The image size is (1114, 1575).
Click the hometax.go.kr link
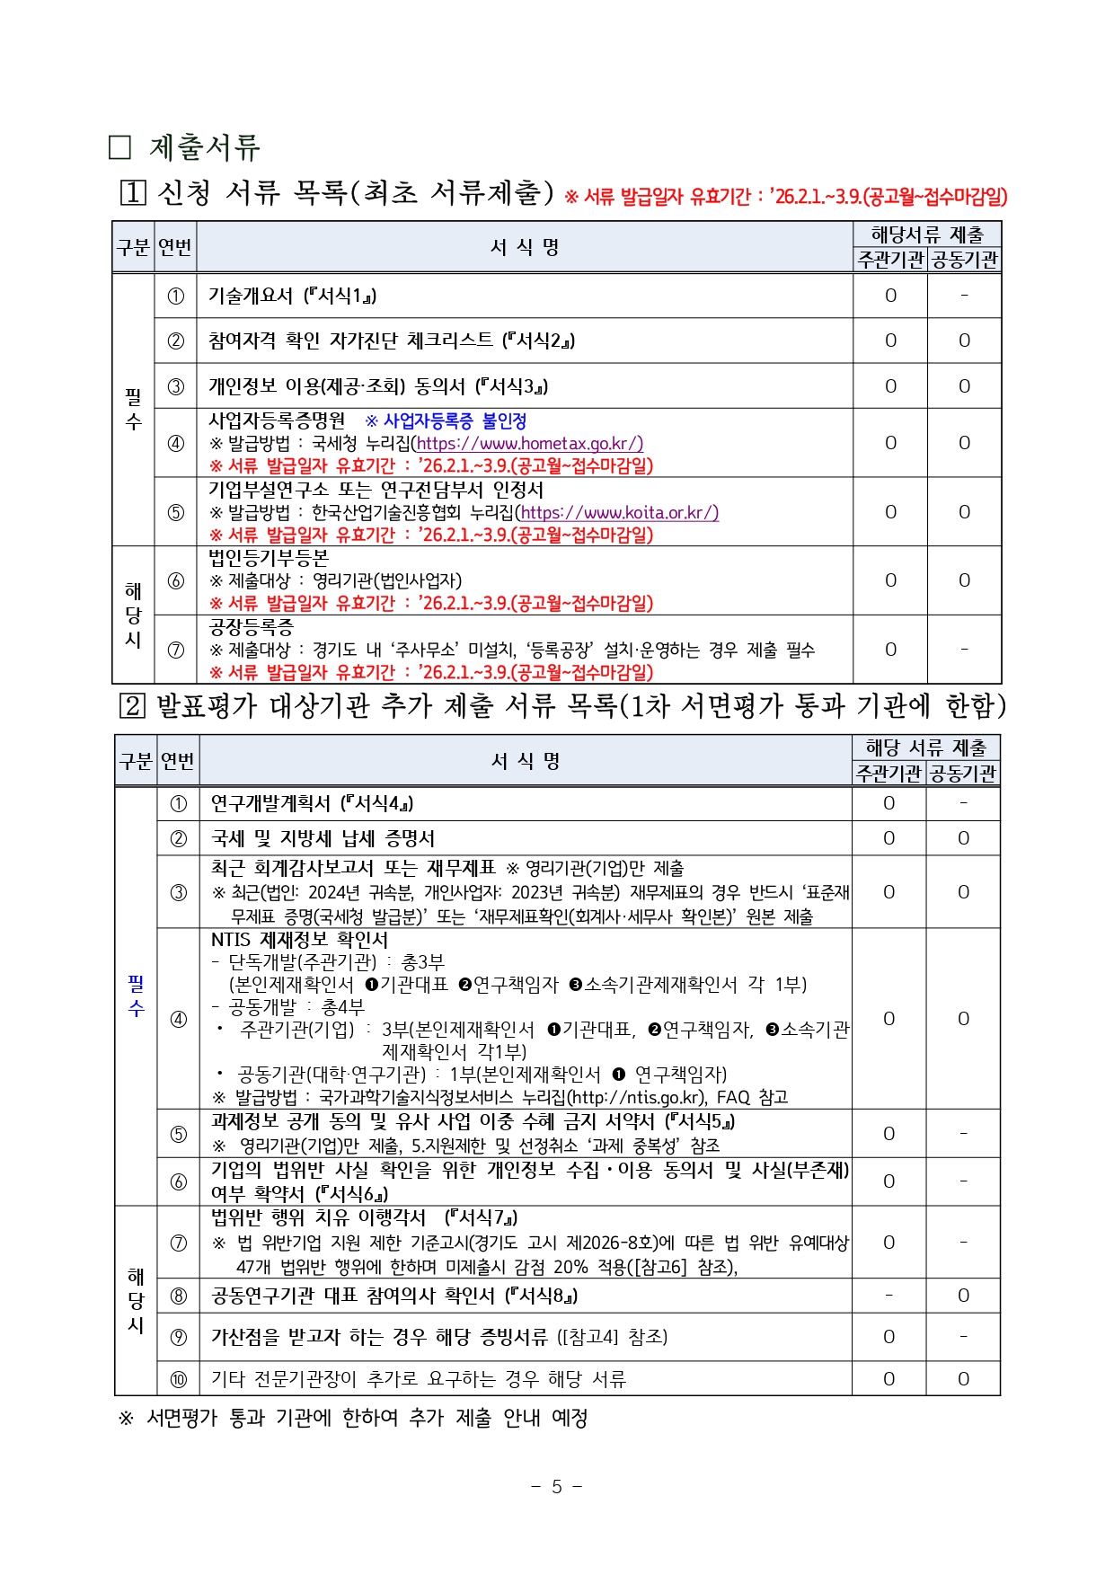pos(529,443)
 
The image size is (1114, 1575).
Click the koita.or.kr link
pos(619,512)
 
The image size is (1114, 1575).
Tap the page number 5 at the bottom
pos(556,1486)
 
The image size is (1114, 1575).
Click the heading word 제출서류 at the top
pos(204,146)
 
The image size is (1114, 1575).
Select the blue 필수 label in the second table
pos(136,995)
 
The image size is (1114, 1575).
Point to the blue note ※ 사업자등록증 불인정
pos(446,420)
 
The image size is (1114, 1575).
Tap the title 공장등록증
pos(251,627)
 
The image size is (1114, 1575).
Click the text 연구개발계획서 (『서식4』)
pos(312,803)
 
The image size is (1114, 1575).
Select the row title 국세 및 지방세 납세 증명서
pos(323,838)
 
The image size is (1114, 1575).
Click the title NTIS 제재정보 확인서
pos(299,940)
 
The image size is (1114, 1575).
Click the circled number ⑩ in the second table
pos(178,1378)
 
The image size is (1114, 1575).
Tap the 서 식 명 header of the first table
pos(525,247)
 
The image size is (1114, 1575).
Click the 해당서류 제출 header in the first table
pos(927,234)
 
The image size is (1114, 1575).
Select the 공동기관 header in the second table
pos(963,774)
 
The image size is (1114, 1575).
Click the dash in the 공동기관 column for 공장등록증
pos(964,649)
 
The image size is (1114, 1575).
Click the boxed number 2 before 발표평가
pos(131,705)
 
